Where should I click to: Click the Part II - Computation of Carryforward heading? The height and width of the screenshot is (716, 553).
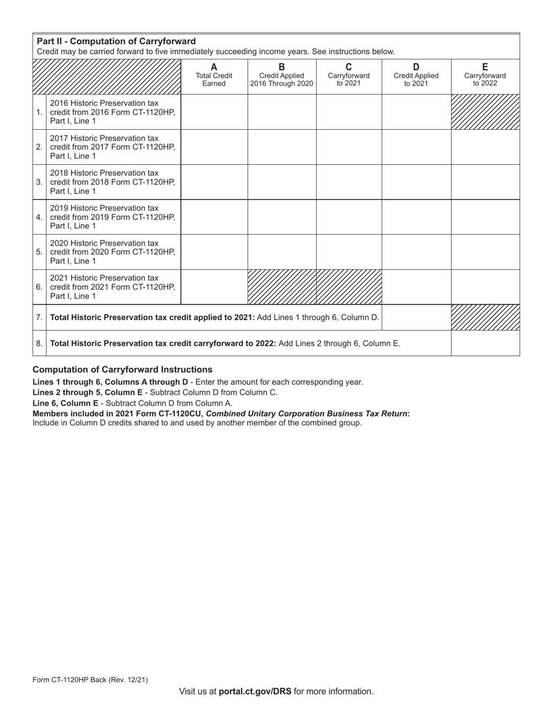tap(116, 41)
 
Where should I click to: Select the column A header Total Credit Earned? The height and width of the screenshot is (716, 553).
tap(214, 75)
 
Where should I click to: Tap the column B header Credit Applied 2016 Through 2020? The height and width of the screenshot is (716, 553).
tap(282, 75)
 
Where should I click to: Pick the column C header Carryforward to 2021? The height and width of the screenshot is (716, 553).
tap(349, 75)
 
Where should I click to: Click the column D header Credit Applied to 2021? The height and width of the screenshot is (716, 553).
tap(416, 75)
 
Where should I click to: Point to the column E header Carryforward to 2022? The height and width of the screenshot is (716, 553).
tap(485, 75)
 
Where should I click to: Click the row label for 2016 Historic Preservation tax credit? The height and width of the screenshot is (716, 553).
tap(112, 112)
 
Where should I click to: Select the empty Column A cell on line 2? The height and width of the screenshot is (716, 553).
tap(214, 147)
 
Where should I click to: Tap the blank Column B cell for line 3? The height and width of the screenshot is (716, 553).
tap(282, 182)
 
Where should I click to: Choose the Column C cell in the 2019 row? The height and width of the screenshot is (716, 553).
tap(349, 217)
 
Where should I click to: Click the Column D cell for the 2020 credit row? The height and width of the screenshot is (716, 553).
tap(416, 251)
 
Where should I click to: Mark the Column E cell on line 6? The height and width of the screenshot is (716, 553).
tap(485, 286)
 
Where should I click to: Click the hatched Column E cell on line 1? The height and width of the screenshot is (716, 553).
tap(485, 112)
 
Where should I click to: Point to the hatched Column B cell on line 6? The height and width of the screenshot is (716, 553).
tap(282, 286)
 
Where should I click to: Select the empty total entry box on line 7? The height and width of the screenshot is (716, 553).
tap(416, 317)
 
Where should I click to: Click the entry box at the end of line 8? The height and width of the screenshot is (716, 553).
tap(485, 343)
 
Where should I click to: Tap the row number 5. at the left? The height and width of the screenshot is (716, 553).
tap(39, 252)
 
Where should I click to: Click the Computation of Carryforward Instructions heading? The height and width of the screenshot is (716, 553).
tap(122, 370)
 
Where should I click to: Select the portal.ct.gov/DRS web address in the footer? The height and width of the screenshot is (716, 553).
tap(255, 692)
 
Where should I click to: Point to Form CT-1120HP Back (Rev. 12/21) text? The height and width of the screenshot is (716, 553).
tap(90, 679)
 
